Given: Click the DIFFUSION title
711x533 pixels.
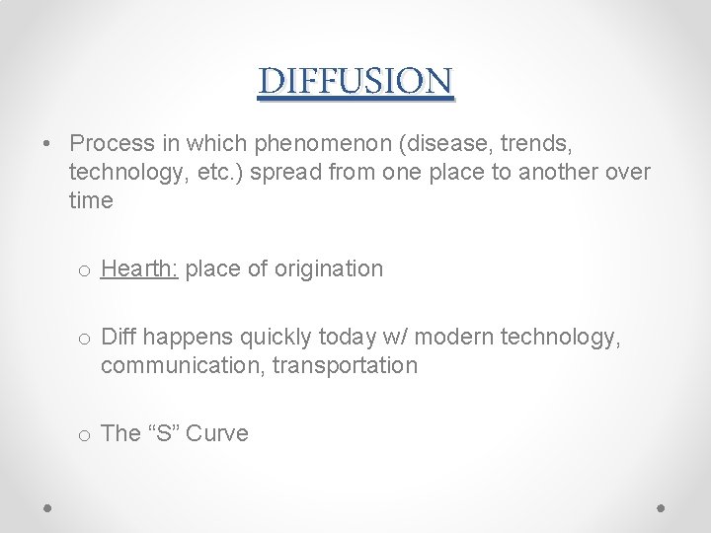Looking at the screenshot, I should click(x=355, y=81).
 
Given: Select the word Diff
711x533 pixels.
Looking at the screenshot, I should click(x=118, y=338).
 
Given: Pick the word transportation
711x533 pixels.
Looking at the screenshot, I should click(x=345, y=365).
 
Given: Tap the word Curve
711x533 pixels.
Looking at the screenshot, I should click(x=217, y=433).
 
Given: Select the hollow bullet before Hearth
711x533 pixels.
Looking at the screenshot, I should click(x=85, y=270).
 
